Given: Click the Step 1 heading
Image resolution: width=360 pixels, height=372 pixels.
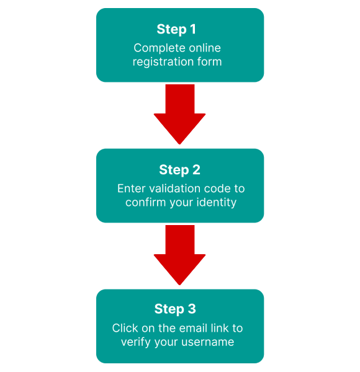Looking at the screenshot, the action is [176, 29].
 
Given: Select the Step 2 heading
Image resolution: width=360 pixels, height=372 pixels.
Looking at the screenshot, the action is [180, 170].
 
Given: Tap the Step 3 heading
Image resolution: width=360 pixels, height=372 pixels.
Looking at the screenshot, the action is [175, 309].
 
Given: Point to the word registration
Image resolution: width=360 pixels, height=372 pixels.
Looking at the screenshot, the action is [163, 61].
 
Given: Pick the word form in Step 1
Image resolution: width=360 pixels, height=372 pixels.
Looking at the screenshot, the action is [210, 61].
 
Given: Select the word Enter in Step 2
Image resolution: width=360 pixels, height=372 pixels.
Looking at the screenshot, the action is [131, 188].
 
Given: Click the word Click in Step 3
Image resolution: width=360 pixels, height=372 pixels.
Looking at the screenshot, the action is [125, 328].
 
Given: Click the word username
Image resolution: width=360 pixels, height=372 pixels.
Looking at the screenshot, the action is [208, 342].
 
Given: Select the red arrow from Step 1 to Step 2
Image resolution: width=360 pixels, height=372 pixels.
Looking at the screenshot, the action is [180, 114].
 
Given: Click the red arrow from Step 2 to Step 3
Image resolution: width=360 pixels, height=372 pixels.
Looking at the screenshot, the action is [180, 255].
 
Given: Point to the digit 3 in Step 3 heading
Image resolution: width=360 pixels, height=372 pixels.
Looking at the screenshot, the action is [192, 309].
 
